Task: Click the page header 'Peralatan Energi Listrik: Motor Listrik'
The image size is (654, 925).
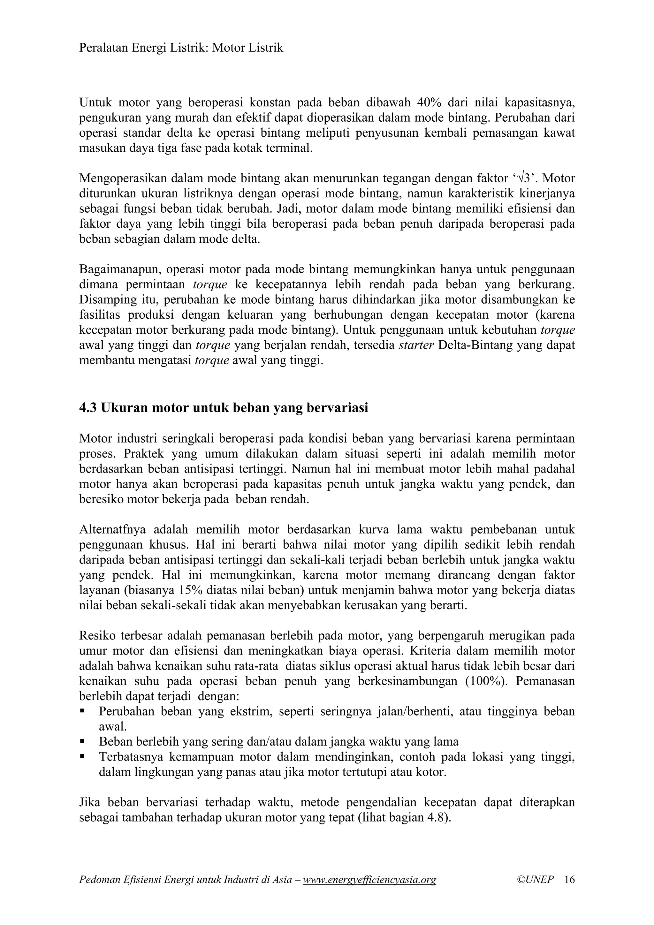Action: pos(181,48)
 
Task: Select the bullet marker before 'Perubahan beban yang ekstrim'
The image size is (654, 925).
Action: pos(83,711)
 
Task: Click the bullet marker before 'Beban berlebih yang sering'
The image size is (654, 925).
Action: pos(83,741)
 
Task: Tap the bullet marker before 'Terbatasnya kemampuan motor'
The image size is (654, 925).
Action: pos(83,756)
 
